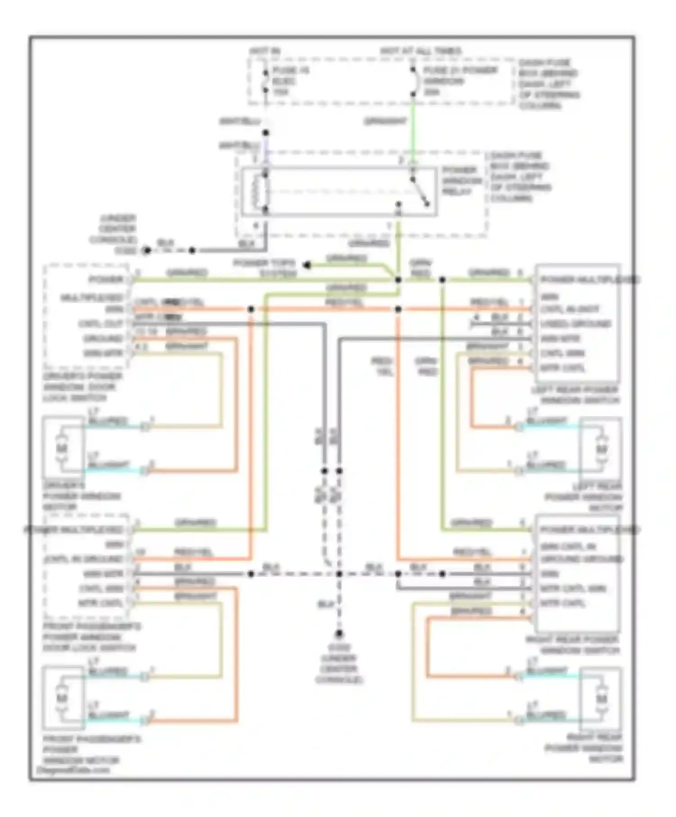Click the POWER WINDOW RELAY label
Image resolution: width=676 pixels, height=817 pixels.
click(459, 181)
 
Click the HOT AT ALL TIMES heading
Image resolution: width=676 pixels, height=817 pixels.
click(420, 51)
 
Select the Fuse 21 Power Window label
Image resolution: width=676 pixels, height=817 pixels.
click(459, 81)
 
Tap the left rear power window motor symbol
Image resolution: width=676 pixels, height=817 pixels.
click(601, 449)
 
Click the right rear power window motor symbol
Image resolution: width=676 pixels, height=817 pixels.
click(601, 698)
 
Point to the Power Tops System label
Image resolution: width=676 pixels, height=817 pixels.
click(264, 268)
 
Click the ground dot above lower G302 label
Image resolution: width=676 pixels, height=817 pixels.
click(339, 634)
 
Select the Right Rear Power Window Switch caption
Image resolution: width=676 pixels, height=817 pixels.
click(572, 645)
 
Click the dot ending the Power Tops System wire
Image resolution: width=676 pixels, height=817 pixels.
click(307, 265)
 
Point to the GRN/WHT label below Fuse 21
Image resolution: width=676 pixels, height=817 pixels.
click(385, 121)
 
